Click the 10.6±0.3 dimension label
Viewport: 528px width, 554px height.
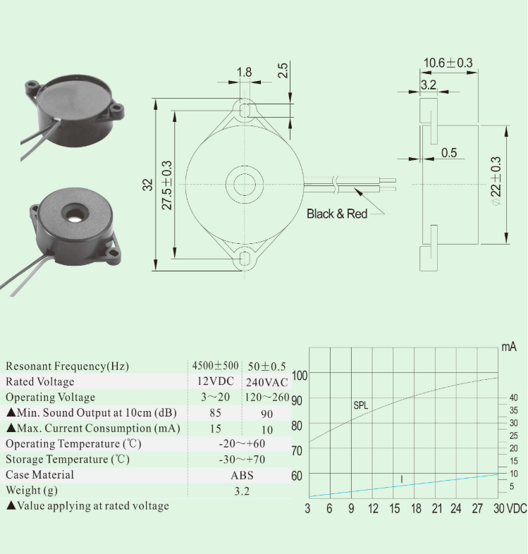tap(448, 63)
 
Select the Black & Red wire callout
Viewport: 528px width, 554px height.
tap(337, 214)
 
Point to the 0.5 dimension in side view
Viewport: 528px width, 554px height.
tap(449, 152)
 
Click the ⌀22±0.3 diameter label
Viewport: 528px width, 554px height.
tap(496, 182)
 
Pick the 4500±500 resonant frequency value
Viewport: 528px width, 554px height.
tap(215, 366)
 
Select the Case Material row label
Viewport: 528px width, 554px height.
tap(39, 475)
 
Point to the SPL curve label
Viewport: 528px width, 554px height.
tap(361, 405)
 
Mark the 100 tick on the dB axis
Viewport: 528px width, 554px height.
tap(300, 375)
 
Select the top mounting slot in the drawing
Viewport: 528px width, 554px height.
tap(245, 109)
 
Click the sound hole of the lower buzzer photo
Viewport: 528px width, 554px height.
tap(72, 212)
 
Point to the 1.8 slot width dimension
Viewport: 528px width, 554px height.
tap(244, 72)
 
